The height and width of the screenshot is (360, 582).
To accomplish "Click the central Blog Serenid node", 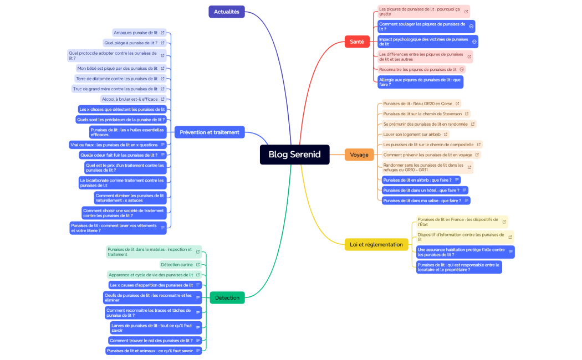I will (294, 155).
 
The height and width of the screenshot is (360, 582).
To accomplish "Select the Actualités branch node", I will (226, 12).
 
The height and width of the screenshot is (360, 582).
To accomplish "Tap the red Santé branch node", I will (357, 42).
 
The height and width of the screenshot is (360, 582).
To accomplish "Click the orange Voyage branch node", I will (359, 155).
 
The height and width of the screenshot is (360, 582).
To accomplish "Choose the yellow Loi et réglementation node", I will (376, 244).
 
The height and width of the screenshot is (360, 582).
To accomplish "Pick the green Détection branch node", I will (227, 297).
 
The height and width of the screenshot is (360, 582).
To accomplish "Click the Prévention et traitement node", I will (210, 132).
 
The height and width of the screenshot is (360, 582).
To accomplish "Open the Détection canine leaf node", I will (177, 265).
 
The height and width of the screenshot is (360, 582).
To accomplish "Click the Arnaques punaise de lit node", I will (136, 33).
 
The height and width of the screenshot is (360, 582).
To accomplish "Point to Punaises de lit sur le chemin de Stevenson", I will (422, 114).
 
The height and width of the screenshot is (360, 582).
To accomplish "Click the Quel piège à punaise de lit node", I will (131, 43).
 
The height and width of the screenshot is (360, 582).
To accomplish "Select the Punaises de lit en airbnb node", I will (417, 180).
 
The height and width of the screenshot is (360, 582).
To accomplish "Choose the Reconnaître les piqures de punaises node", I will (417, 69).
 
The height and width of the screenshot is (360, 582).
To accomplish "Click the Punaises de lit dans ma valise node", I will (422, 200).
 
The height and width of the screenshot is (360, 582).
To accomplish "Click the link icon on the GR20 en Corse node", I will (457, 104).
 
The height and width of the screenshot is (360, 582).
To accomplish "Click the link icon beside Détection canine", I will (198, 265).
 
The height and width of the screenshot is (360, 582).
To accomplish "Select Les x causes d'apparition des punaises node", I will (151, 285).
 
